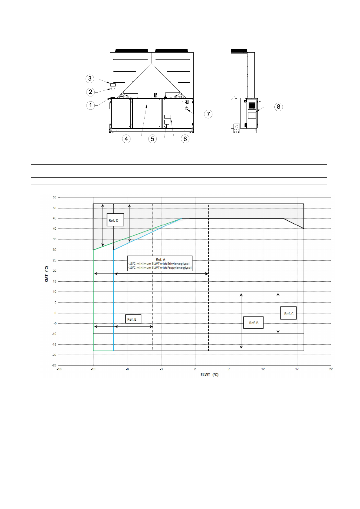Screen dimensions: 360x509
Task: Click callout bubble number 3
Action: click(x=90, y=79)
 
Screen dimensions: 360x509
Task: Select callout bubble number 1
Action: click(x=90, y=105)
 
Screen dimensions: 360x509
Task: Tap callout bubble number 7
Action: click(x=208, y=114)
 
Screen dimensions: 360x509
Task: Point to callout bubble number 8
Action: click(x=278, y=107)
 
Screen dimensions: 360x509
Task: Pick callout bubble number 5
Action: click(x=152, y=139)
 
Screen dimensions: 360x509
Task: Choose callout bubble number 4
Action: click(x=126, y=139)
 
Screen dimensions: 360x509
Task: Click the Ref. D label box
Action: click(x=115, y=220)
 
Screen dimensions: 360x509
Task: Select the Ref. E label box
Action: click(x=133, y=319)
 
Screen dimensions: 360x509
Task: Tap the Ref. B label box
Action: click(x=253, y=323)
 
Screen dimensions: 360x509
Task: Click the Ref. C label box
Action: click(x=288, y=313)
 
